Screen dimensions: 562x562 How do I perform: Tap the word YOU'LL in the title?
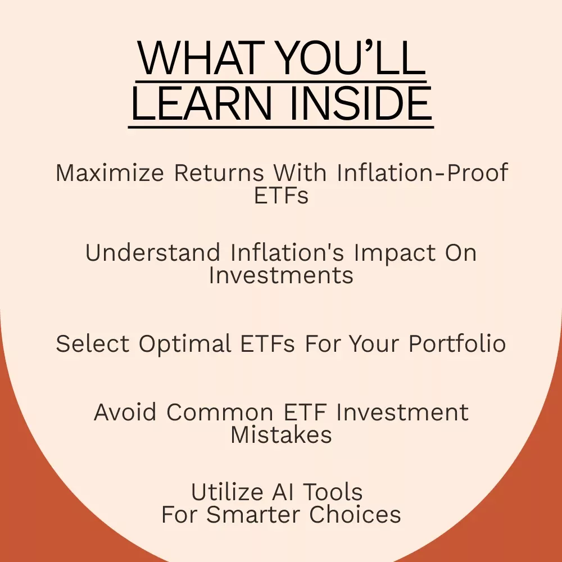click(352, 58)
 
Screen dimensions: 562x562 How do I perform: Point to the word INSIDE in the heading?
click(361, 103)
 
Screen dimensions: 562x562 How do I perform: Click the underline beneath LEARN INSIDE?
click(281, 127)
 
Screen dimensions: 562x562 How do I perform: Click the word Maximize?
click(110, 173)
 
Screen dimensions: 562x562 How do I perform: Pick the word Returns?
click(219, 173)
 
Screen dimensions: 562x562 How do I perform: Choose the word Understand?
click(153, 252)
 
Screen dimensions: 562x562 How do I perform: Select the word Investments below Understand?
click(282, 275)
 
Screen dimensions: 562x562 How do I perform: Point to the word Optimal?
click(185, 345)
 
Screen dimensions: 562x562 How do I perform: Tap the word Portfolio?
click(457, 343)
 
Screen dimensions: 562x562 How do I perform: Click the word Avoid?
click(125, 412)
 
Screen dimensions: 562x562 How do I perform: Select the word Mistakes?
click(282, 435)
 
